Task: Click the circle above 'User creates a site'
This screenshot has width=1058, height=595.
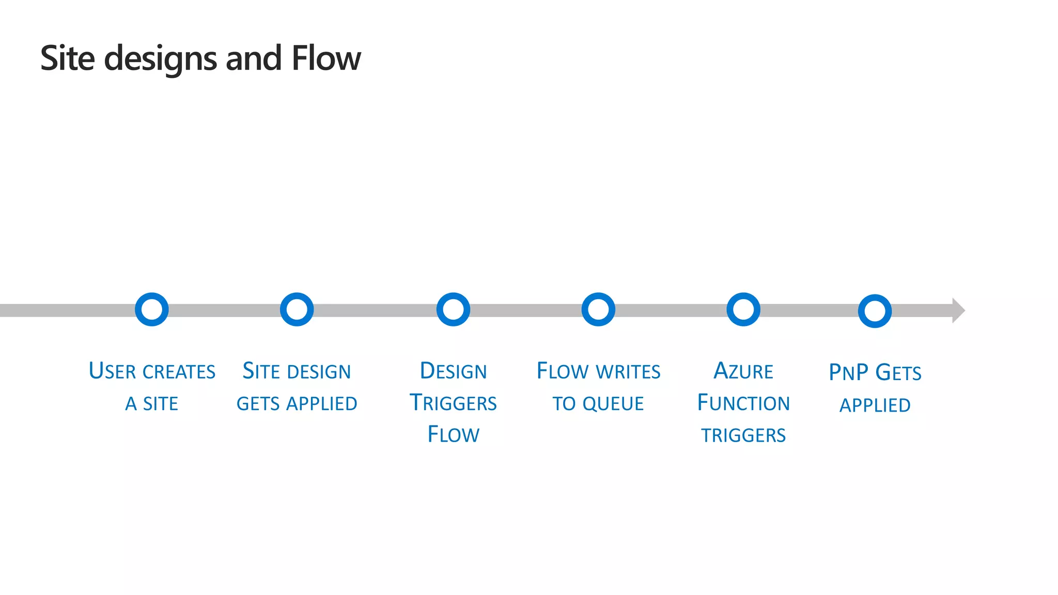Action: [152, 309]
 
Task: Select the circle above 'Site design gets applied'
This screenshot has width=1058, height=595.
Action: [297, 309]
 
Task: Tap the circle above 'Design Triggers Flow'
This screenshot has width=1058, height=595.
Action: [453, 309]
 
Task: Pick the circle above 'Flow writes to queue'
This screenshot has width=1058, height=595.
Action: [598, 309]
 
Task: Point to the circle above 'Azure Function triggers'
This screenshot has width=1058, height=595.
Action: [743, 309]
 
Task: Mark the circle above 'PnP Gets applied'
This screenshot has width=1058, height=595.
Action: [875, 311]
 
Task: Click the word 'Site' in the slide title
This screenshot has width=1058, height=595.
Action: [68, 58]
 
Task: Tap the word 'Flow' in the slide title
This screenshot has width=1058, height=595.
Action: [326, 58]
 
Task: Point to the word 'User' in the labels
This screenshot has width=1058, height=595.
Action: [113, 371]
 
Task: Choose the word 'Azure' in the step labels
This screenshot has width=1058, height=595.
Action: [743, 371]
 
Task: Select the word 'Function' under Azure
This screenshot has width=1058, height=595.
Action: [743, 403]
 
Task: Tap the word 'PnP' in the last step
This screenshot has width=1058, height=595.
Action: [849, 373]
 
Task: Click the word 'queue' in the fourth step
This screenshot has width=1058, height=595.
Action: [613, 404]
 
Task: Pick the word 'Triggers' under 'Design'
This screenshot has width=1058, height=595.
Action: [453, 403]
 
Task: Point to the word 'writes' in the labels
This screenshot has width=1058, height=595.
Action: [628, 372]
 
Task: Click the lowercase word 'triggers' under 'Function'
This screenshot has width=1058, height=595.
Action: [743, 435]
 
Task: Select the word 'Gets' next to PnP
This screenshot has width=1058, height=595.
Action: [898, 373]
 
